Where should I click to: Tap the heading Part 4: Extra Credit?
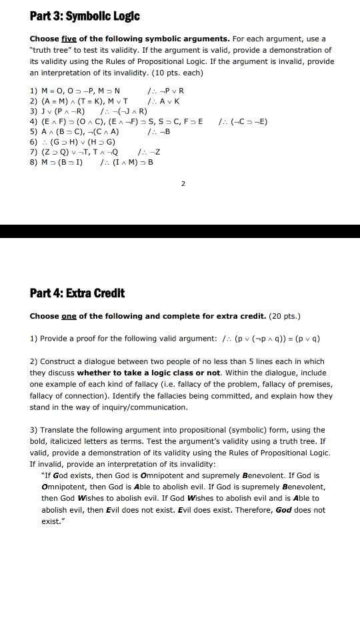click(x=77, y=293)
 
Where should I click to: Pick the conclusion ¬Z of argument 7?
click(x=158, y=151)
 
